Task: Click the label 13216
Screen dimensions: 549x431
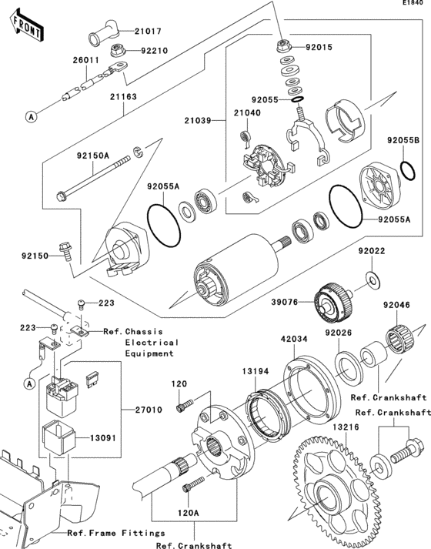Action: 346,425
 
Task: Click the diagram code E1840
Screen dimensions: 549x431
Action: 413,5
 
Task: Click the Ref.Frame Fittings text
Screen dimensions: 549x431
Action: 115,532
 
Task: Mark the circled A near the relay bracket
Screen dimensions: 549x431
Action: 28,382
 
